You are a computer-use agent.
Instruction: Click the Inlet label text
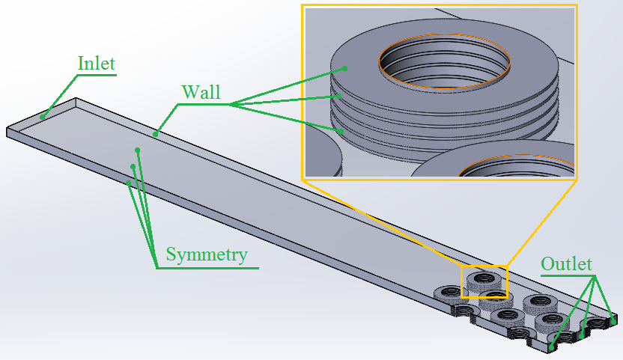[97, 63]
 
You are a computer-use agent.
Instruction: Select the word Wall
[201, 92]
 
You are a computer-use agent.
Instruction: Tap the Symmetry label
[207, 254]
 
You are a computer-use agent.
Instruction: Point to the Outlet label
[566, 264]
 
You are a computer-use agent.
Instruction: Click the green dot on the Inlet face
[43, 116]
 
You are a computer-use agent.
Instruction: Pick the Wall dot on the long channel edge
[156, 135]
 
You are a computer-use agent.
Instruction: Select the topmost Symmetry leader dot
[138, 150]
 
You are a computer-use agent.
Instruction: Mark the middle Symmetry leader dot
[133, 166]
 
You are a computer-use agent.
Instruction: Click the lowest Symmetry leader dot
[129, 183]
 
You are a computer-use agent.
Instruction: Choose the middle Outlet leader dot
[583, 334]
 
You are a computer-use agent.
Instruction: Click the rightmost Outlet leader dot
[613, 321]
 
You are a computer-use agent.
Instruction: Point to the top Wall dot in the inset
[345, 68]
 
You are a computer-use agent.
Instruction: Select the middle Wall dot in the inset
[339, 96]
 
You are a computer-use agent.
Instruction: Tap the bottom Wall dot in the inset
[342, 131]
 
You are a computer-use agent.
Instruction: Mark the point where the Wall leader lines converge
[230, 105]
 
